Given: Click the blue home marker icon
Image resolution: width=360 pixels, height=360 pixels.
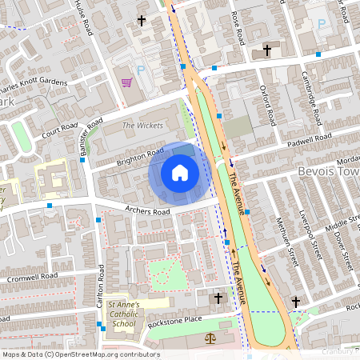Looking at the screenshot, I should tap(180, 173).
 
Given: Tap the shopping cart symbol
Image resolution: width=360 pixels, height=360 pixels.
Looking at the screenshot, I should tap(126, 82).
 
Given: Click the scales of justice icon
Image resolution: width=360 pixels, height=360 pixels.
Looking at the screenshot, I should tap(211, 338).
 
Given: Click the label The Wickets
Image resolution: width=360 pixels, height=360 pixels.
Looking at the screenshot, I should tap(142, 126).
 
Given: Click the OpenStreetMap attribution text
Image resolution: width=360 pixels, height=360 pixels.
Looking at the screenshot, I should tap(79, 354).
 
